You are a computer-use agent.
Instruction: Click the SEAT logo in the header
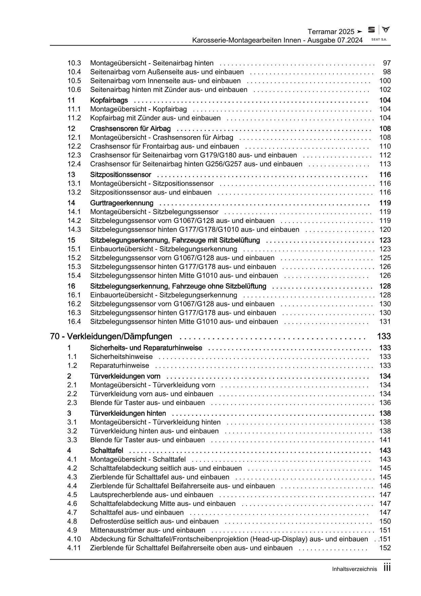tap(372, 30)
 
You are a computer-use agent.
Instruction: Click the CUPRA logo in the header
tap(386, 30)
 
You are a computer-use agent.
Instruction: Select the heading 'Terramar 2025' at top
tap(331, 32)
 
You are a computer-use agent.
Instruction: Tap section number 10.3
tap(74, 63)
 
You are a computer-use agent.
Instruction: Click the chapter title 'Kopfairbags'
tap(109, 100)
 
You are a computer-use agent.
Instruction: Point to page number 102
tap(385, 89)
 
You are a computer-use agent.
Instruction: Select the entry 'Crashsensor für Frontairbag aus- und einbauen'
tap(164, 146)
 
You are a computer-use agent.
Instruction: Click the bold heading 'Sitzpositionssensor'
tap(121, 175)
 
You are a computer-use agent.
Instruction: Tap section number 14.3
tap(74, 229)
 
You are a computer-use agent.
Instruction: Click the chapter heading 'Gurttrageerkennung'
tap(122, 203)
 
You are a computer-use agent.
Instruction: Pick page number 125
tap(385, 258)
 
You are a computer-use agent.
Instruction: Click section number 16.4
tap(74, 322)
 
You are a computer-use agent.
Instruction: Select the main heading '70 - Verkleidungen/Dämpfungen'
tap(111, 337)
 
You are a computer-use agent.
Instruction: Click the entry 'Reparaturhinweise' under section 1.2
tap(120, 365)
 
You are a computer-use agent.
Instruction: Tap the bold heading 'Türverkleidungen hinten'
tap(128, 413)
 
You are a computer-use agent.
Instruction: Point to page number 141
tap(385, 440)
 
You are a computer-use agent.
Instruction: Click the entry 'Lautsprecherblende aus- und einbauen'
tap(151, 495)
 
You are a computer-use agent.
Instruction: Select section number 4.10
tap(74, 539)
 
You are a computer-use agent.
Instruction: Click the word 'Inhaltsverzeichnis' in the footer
tap(354, 569)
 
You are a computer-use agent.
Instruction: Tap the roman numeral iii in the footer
tap(387, 568)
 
